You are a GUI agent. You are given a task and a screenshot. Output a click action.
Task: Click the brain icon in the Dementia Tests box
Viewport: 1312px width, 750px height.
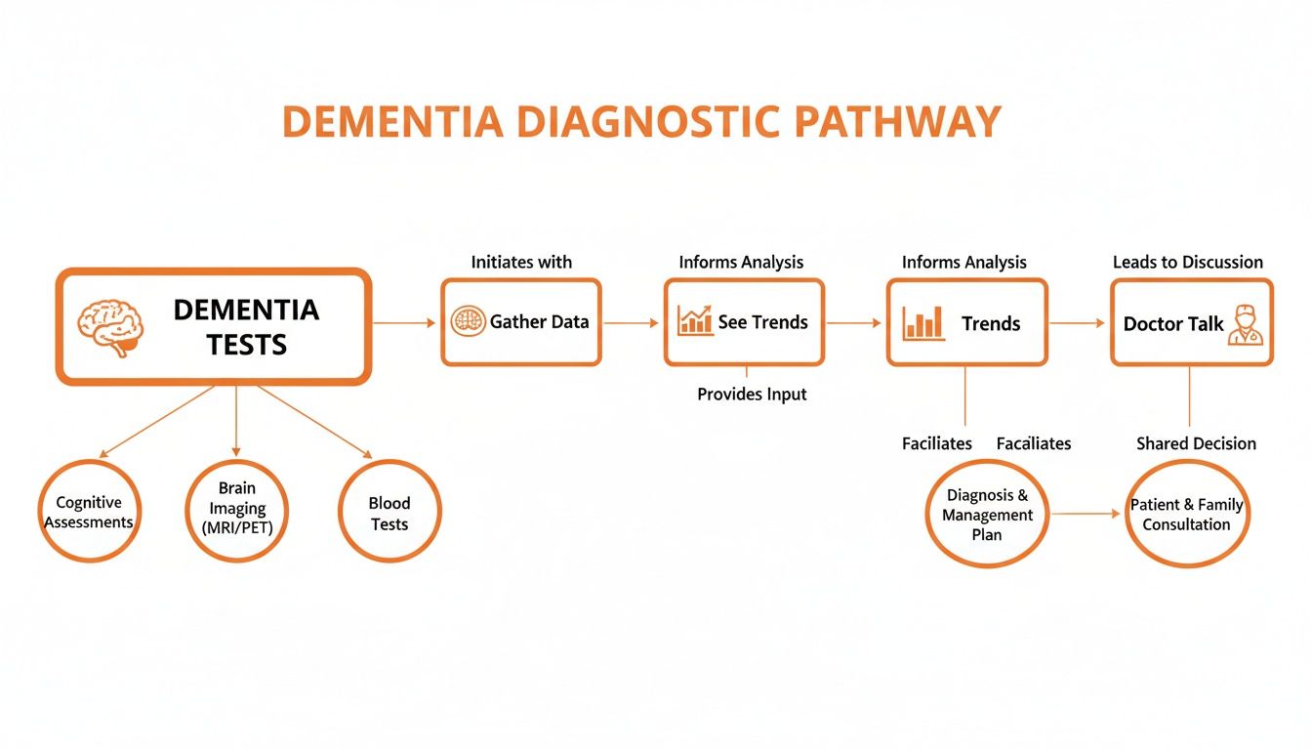[x=110, y=326]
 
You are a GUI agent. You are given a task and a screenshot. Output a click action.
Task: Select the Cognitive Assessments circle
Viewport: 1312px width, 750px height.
[x=90, y=513]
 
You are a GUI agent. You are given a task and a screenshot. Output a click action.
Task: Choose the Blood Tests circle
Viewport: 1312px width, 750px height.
[x=389, y=513]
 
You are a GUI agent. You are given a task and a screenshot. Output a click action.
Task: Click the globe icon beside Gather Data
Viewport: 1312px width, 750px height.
[x=468, y=322]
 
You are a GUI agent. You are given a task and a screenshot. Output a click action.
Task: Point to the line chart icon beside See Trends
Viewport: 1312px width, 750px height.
[x=694, y=321]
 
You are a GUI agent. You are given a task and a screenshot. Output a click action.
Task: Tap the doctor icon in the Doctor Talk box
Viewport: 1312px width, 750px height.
[x=1245, y=324]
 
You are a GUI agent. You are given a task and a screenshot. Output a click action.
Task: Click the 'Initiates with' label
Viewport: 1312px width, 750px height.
[x=521, y=262]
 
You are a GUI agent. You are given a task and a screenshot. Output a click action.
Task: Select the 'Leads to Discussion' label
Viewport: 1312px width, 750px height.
[x=1187, y=262]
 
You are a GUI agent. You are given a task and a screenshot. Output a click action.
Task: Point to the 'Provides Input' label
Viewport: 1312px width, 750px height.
[x=752, y=395]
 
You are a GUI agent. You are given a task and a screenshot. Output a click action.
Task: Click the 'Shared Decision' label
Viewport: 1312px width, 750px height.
[x=1196, y=443]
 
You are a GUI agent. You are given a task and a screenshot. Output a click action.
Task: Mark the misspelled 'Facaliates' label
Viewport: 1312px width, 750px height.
[x=1033, y=443]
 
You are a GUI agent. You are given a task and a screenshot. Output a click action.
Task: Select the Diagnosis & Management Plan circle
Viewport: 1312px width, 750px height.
[x=987, y=515]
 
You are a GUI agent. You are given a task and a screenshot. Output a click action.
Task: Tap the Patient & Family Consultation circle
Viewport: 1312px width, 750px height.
[x=1187, y=514]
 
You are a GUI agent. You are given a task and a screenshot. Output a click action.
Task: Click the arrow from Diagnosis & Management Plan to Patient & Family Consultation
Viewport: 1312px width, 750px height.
[x=1086, y=513]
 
